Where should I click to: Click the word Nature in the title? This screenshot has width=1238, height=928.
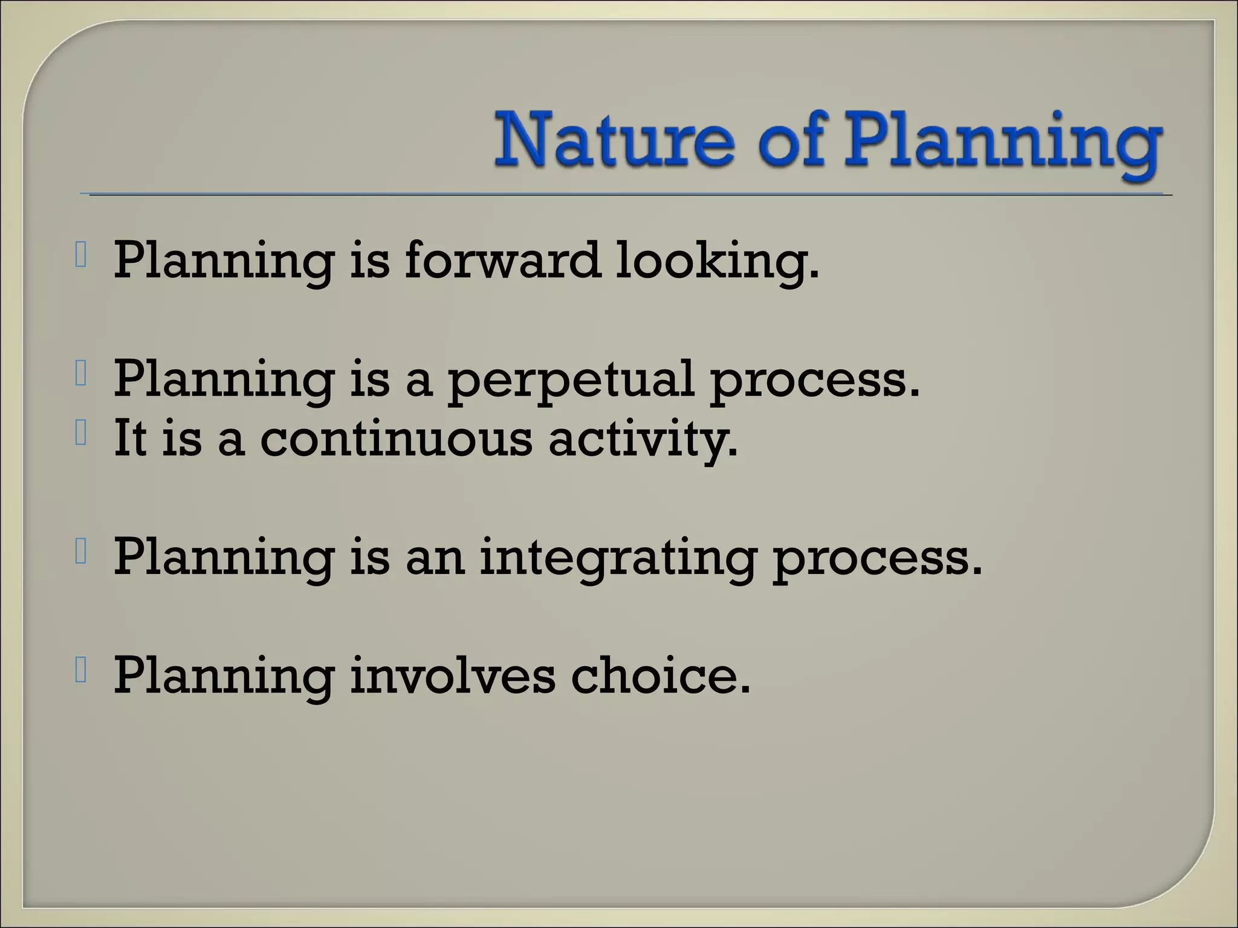click(614, 141)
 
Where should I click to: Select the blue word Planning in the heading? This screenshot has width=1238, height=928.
click(1000, 145)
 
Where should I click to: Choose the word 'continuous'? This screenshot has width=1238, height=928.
click(396, 438)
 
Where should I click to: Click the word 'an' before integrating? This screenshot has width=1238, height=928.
click(435, 557)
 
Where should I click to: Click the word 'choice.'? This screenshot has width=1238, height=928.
click(660, 675)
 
